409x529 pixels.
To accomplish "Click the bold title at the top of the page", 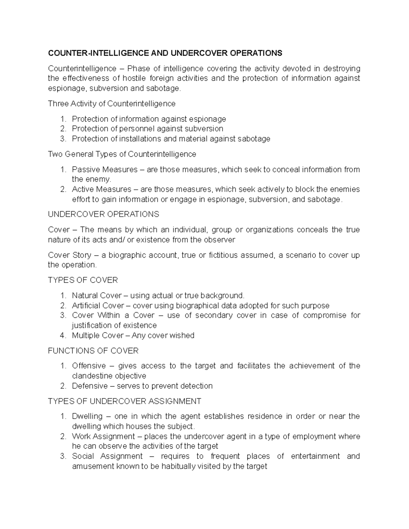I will [165, 53].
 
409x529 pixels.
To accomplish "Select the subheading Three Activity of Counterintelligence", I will [112, 104].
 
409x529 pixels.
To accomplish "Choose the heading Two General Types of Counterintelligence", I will [122, 154].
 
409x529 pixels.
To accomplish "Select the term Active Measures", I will [101, 189].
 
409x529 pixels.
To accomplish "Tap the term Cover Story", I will [70, 255].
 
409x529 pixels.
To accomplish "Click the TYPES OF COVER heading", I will [83, 280].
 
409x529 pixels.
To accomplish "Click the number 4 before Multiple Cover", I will [62, 336].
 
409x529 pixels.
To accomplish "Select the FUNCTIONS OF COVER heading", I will [93, 351].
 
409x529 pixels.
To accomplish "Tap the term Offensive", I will [89, 366].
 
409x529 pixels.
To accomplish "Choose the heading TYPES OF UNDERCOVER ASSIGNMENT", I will [124, 401].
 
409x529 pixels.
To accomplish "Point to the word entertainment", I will [315, 456].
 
